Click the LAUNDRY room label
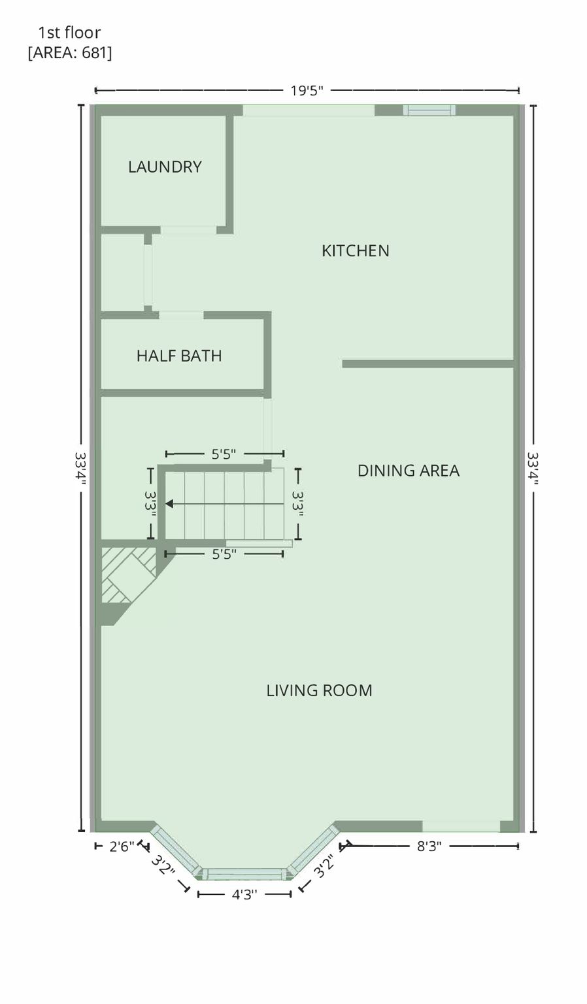pos(165,167)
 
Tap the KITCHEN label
pos(356,250)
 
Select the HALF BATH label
pos(179,356)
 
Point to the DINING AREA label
pos(408,471)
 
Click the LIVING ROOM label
pos(319,691)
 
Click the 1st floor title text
pos(69,32)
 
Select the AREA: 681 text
pos(70,53)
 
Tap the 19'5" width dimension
pos(307,91)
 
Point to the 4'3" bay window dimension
pos(244,895)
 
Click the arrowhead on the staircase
pos(169,504)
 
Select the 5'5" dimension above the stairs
pos(224,454)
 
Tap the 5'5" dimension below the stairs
pos(224,555)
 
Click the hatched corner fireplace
pos(127,575)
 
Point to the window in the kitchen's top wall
pos(429,110)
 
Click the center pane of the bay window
pos(244,873)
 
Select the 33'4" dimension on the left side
pos(80,469)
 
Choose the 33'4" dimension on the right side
pos(533,469)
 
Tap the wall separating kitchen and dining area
pos(428,364)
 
